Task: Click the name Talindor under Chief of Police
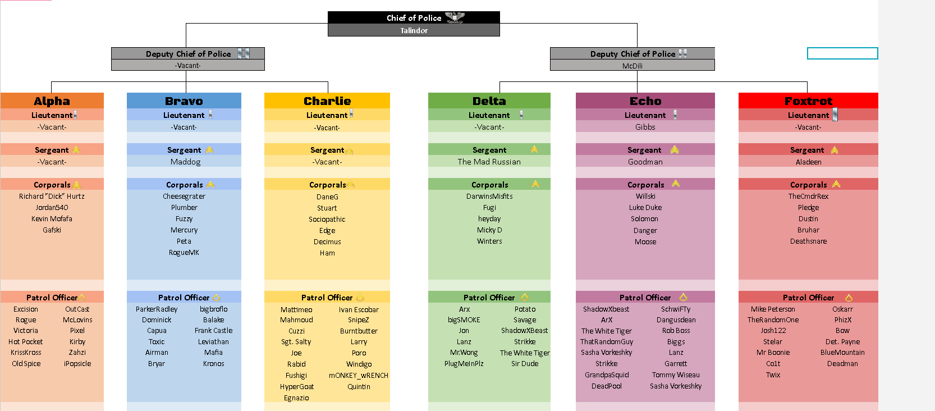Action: coord(414,31)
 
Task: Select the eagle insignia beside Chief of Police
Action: coord(455,17)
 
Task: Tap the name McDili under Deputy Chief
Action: coord(632,66)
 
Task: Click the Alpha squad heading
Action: coord(52,101)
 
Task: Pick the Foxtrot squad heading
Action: coord(808,101)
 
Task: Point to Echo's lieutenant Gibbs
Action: coord(645,127)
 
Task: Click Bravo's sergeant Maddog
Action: coord(185,162)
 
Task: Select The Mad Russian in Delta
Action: coord(489,162)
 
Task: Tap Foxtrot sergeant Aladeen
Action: coord(808,162)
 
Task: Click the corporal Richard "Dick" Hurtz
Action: coord(52,197)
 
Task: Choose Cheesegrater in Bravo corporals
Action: coord(184,197)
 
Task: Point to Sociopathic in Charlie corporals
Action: coord(327,220)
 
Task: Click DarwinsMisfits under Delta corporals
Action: coord(489,197)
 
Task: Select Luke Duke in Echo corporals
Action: coord(645,208)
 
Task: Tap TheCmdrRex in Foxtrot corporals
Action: coord(808,197)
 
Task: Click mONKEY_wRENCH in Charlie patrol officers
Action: coord(359,376)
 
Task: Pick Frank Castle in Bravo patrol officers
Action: coord(213,331)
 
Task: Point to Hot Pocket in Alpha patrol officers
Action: coord(26,342)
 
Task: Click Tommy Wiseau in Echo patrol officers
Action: coord(676,375)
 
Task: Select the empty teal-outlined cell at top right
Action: coord(842,53)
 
